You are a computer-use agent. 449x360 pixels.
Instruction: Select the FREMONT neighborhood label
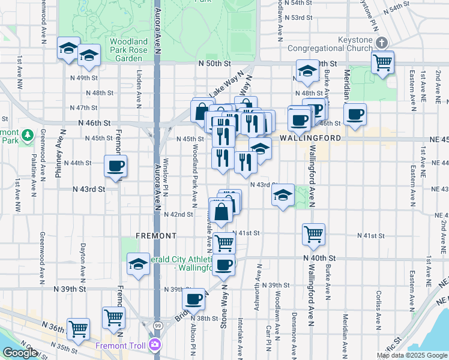155,236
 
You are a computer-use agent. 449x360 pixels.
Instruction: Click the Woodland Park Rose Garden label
128,50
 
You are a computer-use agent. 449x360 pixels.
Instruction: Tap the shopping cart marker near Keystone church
382,61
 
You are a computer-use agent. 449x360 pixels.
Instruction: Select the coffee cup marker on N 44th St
115,166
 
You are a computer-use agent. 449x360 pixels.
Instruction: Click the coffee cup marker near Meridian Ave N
355,113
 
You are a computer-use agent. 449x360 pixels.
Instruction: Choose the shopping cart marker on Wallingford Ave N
313,235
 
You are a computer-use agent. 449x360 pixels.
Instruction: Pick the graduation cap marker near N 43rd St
283,194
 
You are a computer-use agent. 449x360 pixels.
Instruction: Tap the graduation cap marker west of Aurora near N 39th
138,263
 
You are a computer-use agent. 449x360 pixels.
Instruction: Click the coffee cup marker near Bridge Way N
193,299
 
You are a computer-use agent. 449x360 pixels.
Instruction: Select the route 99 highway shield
156,325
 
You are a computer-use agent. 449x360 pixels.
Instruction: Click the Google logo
20,353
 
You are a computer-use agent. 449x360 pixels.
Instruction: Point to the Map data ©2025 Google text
412,355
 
